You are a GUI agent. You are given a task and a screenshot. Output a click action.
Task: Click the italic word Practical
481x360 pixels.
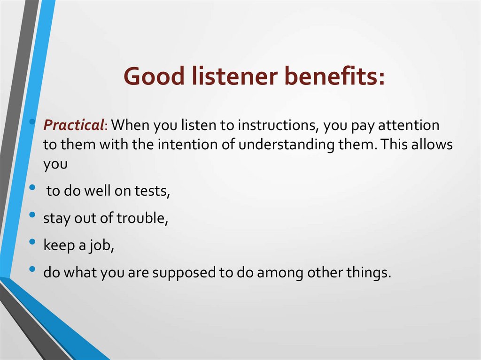pyautogui.click(x=74, y=125)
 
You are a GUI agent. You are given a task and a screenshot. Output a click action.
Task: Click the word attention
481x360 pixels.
pyautogui.click(x=409, y=125)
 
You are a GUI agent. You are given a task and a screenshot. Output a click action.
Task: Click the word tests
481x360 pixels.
pyautogui.click(x=152, y=191)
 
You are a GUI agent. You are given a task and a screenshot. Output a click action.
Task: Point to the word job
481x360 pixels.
pyautogui.click(x=102, y=245)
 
